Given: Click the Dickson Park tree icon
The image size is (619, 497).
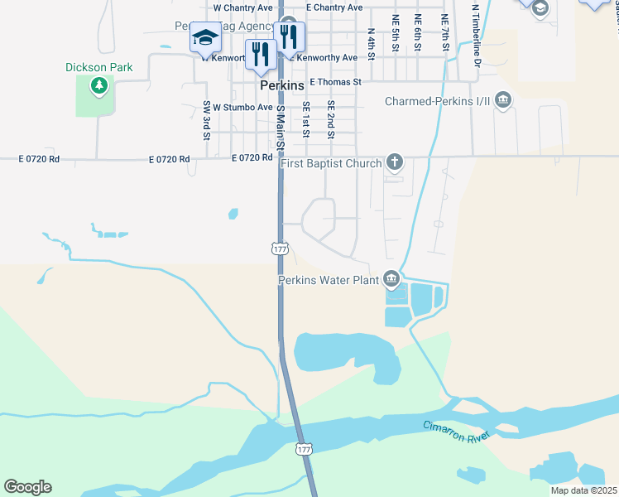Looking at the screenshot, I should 99,84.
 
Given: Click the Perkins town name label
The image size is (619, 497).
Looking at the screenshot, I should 281,85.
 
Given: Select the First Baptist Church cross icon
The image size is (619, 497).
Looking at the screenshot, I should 395,162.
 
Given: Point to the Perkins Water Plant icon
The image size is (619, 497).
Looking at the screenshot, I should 391,280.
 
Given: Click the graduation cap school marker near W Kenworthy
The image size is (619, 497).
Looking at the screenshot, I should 205,37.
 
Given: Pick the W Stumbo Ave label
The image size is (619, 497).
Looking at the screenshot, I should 242,108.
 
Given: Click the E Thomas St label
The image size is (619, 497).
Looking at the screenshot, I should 335,82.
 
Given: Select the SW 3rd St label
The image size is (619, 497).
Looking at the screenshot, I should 207,119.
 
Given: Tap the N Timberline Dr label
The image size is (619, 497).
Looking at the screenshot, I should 476,35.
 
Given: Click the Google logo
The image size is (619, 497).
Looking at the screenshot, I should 27,487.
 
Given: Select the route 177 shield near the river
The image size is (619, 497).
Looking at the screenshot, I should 304,448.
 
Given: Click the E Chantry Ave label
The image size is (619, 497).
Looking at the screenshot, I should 334,7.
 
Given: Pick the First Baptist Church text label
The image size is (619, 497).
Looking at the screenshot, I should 331,163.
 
